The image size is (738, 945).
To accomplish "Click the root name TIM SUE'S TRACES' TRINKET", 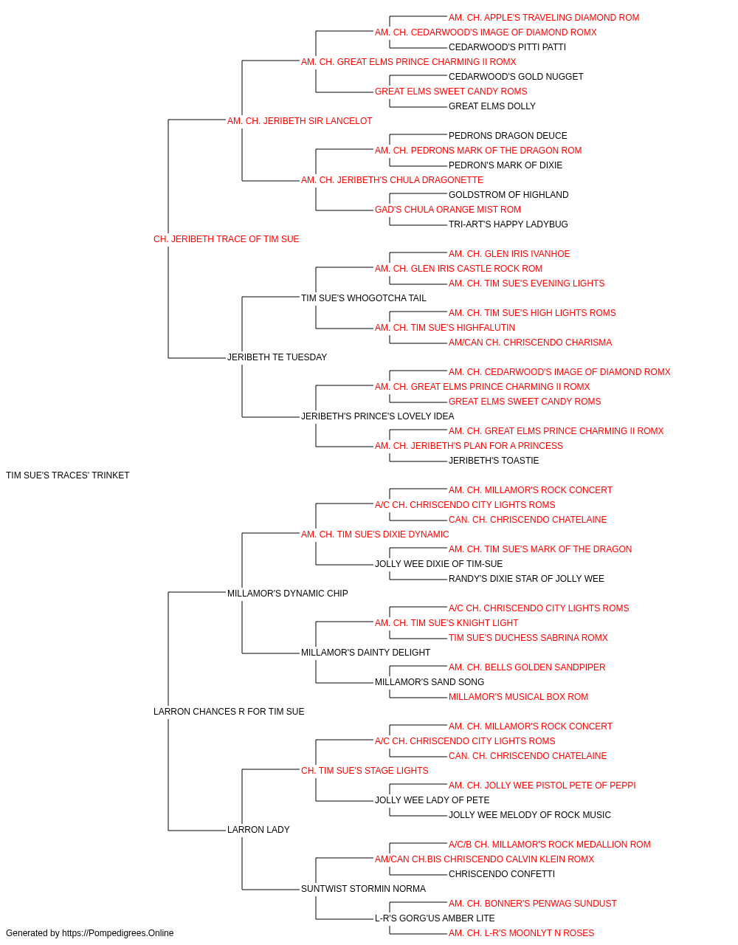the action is (x=67, y=475).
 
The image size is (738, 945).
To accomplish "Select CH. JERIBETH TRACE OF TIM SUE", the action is (x=226, y=239).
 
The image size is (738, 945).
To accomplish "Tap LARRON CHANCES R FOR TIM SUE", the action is (x=229, y=712).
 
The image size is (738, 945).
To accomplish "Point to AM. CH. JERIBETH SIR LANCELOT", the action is (x=300, y=121).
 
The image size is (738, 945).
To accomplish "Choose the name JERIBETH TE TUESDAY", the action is (x=277, y=357).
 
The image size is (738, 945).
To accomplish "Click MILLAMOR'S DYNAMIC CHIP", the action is (x=287, y=593).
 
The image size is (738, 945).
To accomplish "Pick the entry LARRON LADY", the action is (x=258, y=829).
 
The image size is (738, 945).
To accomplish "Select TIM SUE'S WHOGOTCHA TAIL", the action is (x=363, y=298).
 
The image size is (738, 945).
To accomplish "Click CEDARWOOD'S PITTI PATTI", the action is (x=507, y=47).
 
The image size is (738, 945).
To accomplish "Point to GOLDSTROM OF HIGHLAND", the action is (x=508, y=195).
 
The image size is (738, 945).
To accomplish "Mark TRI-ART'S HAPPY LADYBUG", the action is (x=508, y=224).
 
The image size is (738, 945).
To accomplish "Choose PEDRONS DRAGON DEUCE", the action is (x=508, y=136).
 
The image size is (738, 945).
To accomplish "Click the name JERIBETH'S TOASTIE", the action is (x=493, y=461).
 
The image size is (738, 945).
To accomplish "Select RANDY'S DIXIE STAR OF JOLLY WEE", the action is (x=526, y=578).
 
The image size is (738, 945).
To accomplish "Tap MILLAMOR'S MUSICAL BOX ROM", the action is (x=518, y=697).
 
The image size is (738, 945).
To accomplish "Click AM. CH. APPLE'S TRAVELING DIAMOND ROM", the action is (x=544, y=18).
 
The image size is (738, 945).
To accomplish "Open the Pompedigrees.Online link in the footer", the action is (x=117, y=933).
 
